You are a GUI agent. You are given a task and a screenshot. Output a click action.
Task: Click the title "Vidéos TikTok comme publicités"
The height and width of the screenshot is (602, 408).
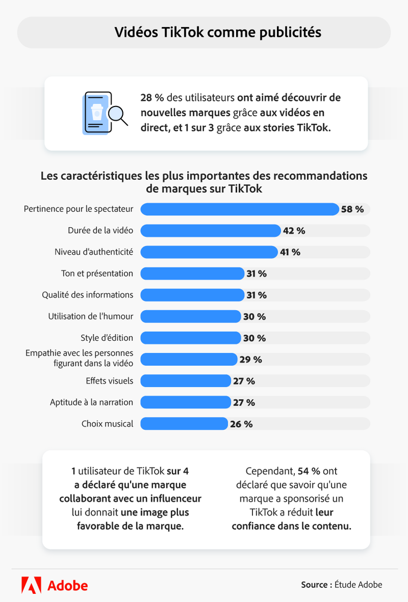click(x=218, y=33)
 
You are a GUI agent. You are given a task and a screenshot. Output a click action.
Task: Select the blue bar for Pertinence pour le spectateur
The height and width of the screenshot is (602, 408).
click(x=239, y=209)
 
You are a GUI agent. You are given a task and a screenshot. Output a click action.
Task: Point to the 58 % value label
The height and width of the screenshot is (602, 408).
click(x=353, y=209)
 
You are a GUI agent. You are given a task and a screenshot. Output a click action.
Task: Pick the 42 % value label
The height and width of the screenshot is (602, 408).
click(x=294, y=230)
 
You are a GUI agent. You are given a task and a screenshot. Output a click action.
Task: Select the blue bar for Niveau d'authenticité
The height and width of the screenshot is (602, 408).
click(x=209, y=252)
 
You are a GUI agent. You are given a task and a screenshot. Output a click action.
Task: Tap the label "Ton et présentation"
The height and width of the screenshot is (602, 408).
click(x=97, y=273)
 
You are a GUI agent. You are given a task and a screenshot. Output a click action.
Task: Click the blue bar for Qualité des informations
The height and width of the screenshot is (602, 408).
click(x=193, y=295)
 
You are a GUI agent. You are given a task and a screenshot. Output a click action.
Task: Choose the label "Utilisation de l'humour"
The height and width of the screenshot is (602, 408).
click(x=90, y=316)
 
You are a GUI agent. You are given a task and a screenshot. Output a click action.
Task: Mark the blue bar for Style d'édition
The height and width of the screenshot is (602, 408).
click(x=190, y=338)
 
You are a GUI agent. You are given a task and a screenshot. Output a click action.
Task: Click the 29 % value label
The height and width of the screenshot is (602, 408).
click(x=250, y=359)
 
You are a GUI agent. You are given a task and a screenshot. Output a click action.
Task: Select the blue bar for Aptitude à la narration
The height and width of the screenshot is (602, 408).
click(x=186, y=402)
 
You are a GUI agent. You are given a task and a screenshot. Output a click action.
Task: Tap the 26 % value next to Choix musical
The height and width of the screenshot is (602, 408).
click(x=241, y=424)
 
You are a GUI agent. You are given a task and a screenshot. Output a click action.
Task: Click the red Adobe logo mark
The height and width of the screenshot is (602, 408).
click(x=31, y=585)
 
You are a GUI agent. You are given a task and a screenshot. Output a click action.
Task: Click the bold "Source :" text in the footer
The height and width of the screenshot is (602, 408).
click(x=316, y=585)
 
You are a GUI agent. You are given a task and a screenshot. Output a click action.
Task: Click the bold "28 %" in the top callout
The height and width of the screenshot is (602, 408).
click(x=152, y=98)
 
